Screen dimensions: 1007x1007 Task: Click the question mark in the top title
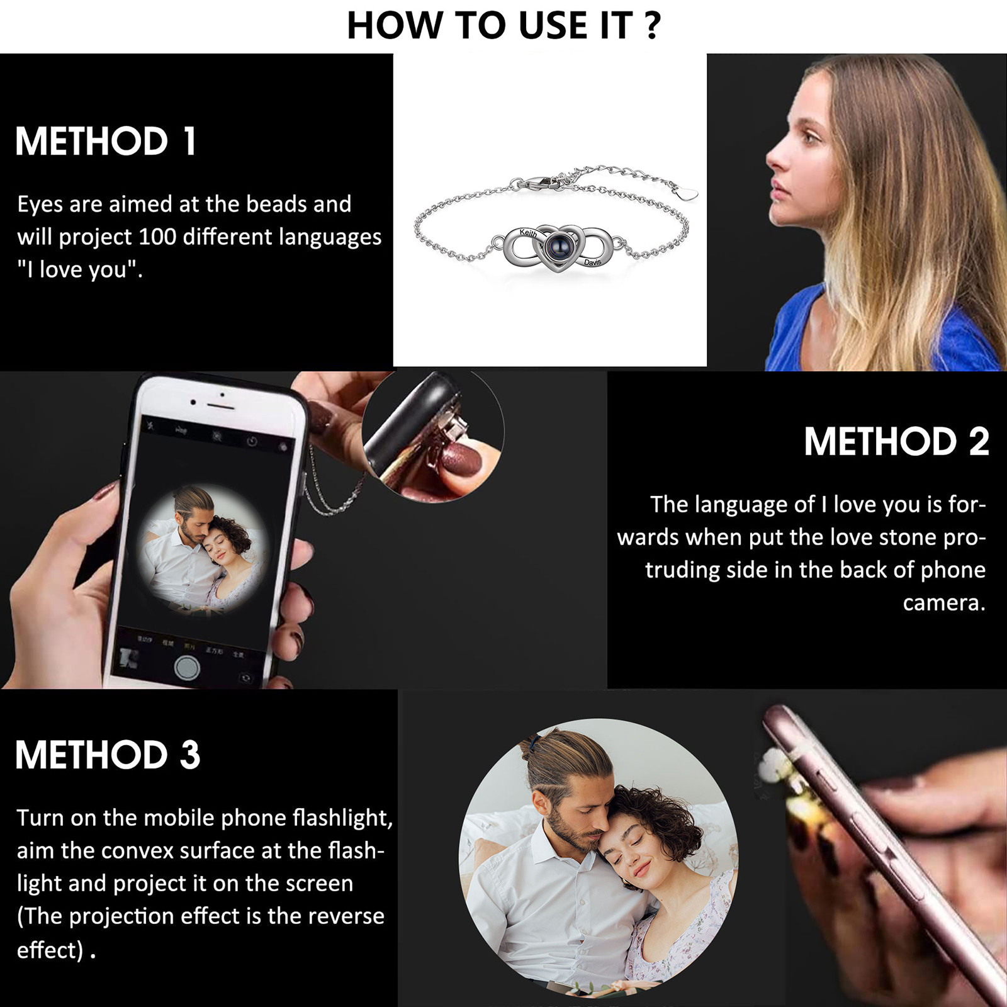pos(653,26)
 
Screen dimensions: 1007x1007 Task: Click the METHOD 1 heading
pos(106,141)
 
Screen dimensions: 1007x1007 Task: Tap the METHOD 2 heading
pos(896,441)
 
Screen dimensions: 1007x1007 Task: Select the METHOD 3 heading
pos(108,755)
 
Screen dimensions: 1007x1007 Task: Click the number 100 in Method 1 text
pos(157,237)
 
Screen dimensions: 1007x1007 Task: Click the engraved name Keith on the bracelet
pos(528,233)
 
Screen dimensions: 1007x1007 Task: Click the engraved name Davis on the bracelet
pos(592,262)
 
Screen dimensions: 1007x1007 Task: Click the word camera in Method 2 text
pos(943,603)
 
